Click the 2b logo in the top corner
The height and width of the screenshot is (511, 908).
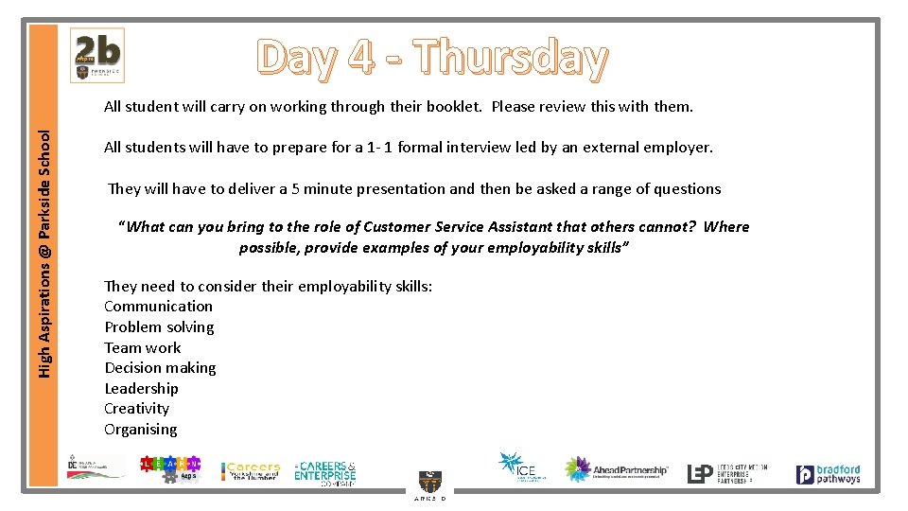click(97, 55)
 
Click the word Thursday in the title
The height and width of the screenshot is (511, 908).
click(511, 58)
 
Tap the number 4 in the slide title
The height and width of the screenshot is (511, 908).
click(360, 58)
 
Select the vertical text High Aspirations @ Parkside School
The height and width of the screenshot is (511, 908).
click(44, 255)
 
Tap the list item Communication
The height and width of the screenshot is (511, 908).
click(158, 306)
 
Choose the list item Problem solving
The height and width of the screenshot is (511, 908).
click(159, 326)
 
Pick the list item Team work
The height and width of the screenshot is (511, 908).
click(142, 347)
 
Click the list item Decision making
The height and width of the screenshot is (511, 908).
click(160, 367)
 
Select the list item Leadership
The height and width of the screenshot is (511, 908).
click(141, 388)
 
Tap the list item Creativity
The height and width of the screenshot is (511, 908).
click(136, 409)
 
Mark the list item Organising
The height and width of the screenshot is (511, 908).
click(140, 429)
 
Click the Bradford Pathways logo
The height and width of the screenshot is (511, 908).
click(828, 473)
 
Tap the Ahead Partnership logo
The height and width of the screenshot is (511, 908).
click(616, 469)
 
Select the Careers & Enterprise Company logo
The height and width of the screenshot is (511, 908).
click(325, 471)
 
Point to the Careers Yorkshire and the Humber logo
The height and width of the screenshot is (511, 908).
click(251, 470)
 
